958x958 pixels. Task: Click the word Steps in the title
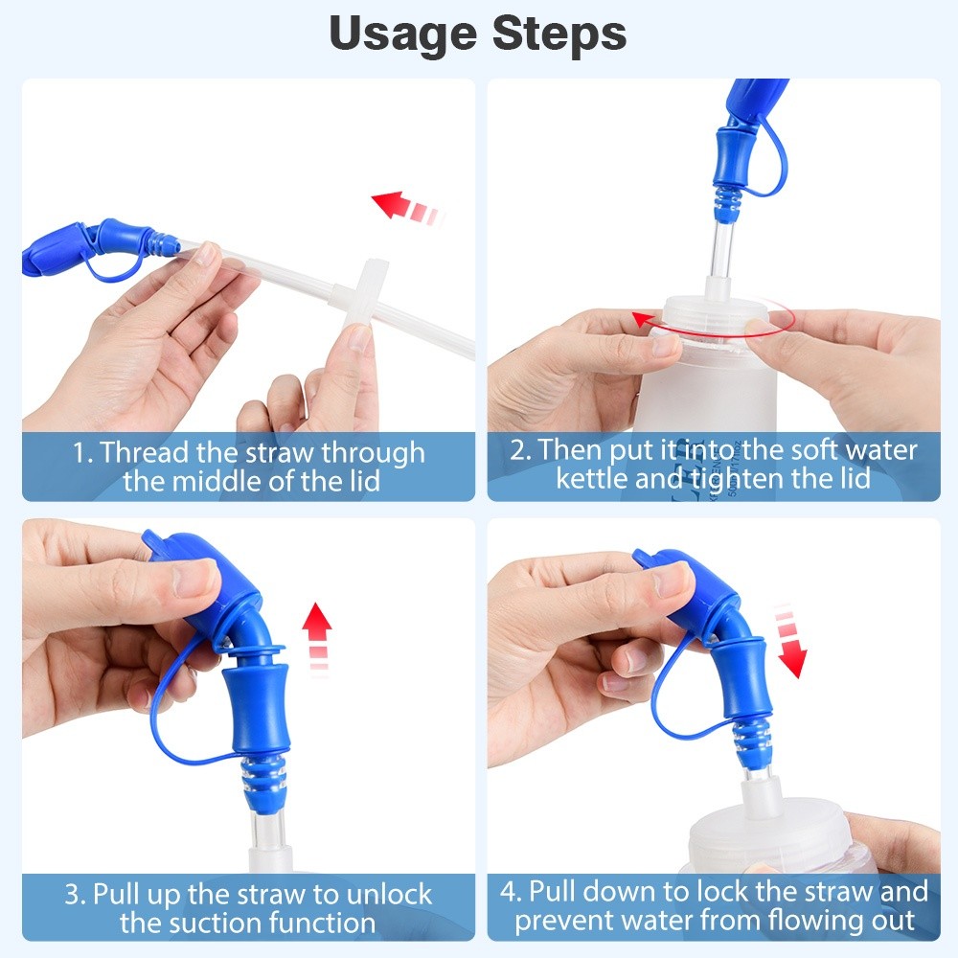559,34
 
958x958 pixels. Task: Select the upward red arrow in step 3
317,637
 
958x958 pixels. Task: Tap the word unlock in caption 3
389,895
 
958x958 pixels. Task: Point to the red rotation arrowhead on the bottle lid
641,320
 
